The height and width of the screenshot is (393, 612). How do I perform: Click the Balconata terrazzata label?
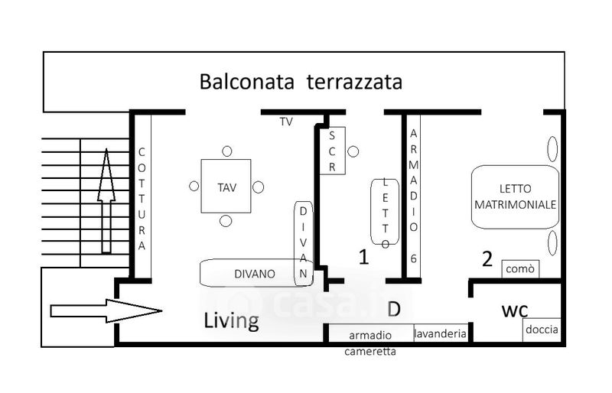click(x=301, y=82)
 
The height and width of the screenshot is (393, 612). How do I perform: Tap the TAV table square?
click(x=226, y=186)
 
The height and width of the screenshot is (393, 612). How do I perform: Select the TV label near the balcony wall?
click(x=286, y=122)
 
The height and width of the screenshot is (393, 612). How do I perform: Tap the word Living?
click(x=231, y=321)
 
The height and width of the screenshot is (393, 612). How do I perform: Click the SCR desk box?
click(x=332, y=150)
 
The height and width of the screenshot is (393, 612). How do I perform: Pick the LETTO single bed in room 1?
click(x=386, y=213)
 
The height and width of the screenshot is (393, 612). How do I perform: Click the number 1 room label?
click(x=364, y=257)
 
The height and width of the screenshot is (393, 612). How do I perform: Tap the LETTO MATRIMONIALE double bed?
click(x=515, y=196)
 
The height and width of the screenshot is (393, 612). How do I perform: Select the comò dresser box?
click(x=521, y=269)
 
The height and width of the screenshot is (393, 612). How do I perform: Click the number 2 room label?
click(x=487, y=259)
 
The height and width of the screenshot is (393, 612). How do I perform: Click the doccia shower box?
click(x=542, y=330)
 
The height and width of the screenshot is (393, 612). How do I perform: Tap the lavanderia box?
click(x=440, y=333)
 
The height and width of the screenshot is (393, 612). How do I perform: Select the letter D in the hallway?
click(x=394, y=309)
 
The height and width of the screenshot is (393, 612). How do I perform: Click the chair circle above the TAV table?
click(x=226, y=151)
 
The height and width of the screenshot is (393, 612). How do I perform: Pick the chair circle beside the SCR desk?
click(x=353, y=151)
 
